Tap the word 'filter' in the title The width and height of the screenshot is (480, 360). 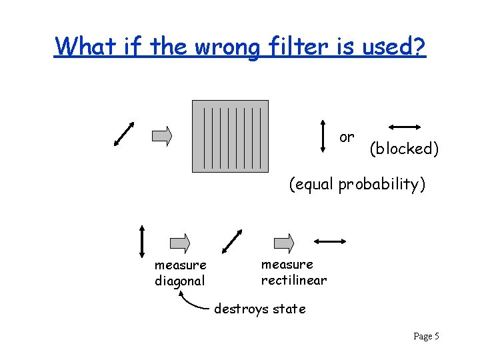(x=293, y=47)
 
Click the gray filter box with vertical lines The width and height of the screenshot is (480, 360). (x=230, y=136)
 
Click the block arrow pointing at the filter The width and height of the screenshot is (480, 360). (x=162, y=136)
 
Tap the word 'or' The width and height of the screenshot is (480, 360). (x=347, y=137)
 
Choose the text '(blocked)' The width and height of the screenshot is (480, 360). (x=404, y=149)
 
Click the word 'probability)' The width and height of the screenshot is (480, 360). (x=381, y=184)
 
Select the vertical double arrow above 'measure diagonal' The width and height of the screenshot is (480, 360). (x=142, y=240)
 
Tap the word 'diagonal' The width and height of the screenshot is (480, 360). (x=179, y=281)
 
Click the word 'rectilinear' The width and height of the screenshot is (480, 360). (x=294, y=280)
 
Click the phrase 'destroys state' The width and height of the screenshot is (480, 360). (x=260, y=309)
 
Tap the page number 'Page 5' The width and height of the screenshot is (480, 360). (x=426, y=337)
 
